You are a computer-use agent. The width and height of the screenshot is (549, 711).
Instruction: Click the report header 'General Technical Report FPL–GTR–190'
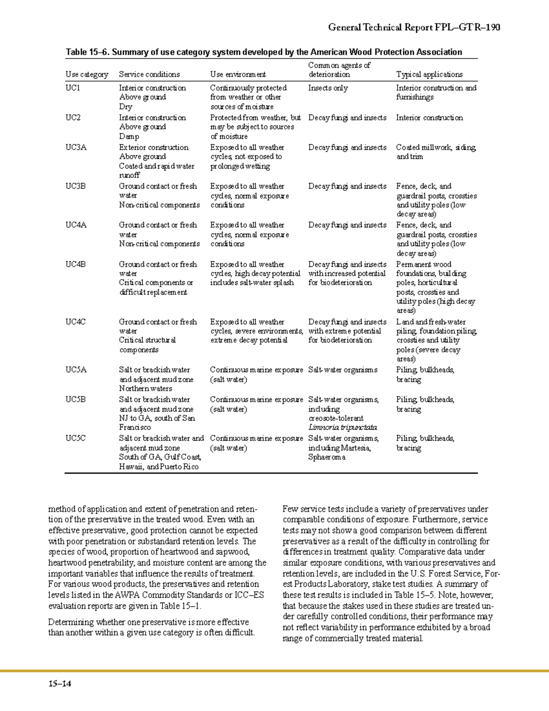coord(414,27)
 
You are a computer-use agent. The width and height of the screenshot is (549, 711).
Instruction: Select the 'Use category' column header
coord(87,75)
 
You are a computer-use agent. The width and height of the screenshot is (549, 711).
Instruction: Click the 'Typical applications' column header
coord(429,75)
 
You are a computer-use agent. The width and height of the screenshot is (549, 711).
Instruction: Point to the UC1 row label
coord(73,88)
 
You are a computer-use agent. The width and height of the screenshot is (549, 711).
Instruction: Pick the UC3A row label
coord(76,147)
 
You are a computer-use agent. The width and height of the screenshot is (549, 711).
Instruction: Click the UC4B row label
coord(76,265)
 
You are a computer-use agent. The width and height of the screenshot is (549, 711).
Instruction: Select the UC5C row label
coord(76,439)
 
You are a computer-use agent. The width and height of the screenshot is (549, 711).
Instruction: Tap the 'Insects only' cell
coord(328,88)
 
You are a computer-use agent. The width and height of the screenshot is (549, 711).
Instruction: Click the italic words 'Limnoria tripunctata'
coord(343,428)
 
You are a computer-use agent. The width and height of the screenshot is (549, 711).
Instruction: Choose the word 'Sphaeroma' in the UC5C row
coord(327,457)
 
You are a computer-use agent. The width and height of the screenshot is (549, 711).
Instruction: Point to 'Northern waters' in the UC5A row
coord(145,389)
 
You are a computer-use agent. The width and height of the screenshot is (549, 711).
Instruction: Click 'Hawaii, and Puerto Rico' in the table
coord(159,467)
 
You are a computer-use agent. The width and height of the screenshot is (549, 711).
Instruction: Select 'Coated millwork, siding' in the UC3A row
coord(436,147)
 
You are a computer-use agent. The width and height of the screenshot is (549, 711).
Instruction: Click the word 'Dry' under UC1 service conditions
coord(125,107)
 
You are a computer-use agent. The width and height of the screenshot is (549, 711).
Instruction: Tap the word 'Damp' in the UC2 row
coord(129,136)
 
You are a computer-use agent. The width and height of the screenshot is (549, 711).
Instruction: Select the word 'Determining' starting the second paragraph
coord(71,622)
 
